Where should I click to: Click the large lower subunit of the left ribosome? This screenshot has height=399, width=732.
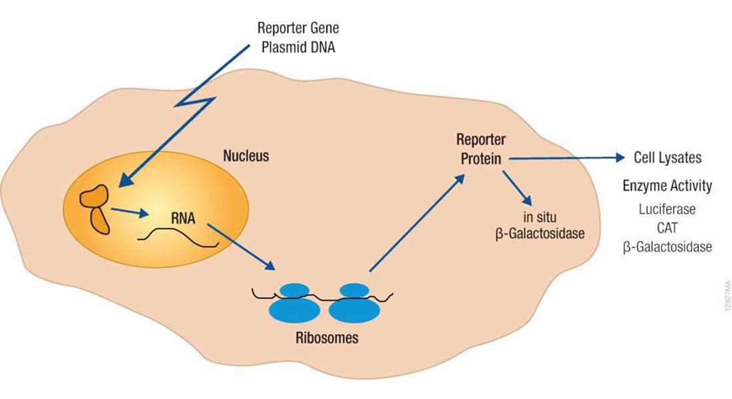pyautogui.click(x=293, y=310)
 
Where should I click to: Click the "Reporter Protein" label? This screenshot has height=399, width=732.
pyautogui.click(x=481, y=150)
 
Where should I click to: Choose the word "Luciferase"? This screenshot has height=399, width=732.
pyautogui.click(x=667, y=209)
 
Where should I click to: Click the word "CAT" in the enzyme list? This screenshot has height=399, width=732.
pyautogui.click(x=667, y=227)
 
